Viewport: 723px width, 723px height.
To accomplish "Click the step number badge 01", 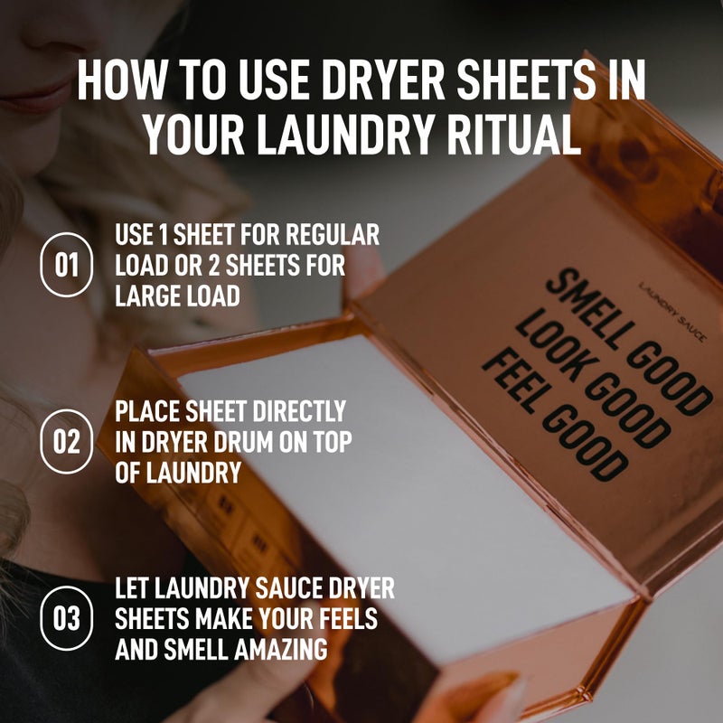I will tap(66, 266).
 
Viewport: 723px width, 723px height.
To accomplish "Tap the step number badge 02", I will tap(66, 442).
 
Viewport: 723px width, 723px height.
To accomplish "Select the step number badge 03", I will tap(66, 619).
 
